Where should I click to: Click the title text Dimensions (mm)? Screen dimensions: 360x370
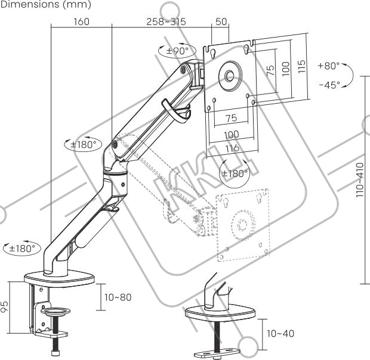pyautogui.click(x=45, y=5)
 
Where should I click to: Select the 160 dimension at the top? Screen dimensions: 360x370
pyautogui.click(x=81, y=21)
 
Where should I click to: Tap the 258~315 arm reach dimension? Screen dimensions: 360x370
pyautogui.click(x=166, y=21)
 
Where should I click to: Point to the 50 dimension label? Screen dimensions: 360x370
pyautogui.click(x=221, y=21)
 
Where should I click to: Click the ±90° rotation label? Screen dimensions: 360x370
pyautogui.click(x=177, y=51)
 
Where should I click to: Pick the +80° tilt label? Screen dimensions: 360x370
pyautogui.click(x=329, y=65)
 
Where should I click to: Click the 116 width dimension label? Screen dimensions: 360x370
pyautogui.click(x=233, y=148)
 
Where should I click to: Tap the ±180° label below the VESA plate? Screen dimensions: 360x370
pyautogui.click(x=235, y=173)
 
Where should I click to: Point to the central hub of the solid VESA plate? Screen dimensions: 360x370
pyautogui.click(x=229, y=76)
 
